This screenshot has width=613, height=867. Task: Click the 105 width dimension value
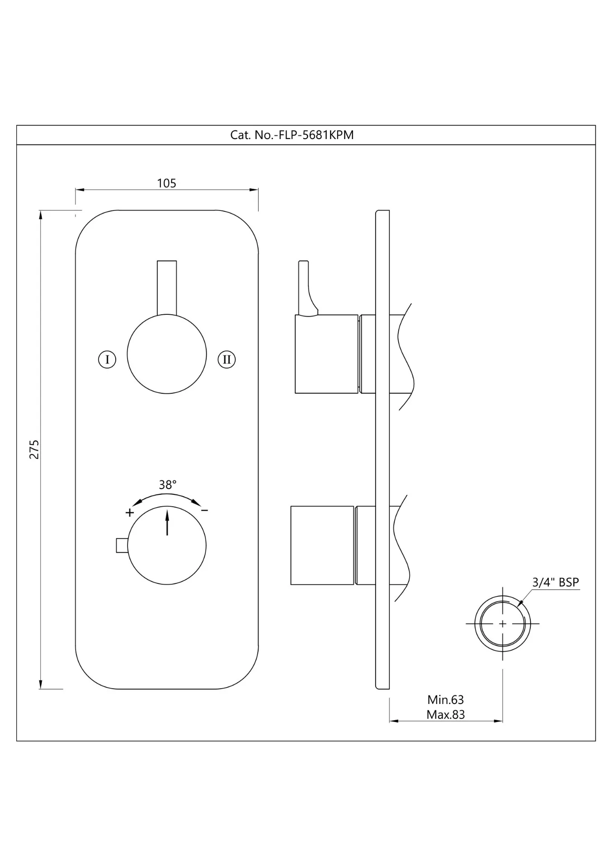click(x=166, y=183)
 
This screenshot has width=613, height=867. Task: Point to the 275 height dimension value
click(x=34, y=449)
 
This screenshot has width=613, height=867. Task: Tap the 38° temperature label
click(x=167, y=485)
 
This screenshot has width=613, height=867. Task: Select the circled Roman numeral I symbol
click(x=107, y=359)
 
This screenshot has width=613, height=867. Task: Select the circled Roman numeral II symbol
click(x=226, y=359)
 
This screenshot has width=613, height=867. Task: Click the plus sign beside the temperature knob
click(x=130, y=513)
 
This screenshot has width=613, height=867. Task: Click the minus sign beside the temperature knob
click(x=204, y=511)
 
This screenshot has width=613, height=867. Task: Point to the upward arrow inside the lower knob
click(x=167, y=522)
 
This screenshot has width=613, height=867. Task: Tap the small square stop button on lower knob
click(x=122, y=545)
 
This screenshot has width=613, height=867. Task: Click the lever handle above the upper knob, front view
click(x=167, y=288)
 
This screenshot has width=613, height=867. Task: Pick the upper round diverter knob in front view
click(x=167, y=354)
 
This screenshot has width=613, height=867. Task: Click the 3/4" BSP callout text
click(x=556, y=583)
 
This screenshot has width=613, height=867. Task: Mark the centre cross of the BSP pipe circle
click(x=503, y=624)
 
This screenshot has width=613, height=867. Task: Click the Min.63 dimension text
click(x=446, y=700)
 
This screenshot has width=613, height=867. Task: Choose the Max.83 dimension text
click(x=446, y=715)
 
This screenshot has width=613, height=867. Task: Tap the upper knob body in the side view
click(x=327, y=354)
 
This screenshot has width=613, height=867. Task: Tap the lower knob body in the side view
click(x=322, y=545)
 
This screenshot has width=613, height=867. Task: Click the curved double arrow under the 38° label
click(x=167, y=496)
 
